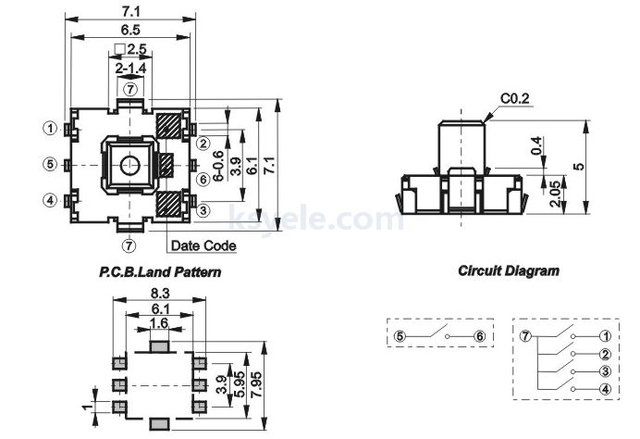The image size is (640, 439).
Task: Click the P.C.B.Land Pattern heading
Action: coord(160,272)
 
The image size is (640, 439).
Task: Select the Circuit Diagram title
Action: coord(509,270)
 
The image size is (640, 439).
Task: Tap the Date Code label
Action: coord(203,245)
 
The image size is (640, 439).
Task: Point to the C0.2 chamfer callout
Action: coord(515,98)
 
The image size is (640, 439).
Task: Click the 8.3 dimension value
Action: coord(160,293)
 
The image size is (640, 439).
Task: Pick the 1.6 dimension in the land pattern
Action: coord(159,323)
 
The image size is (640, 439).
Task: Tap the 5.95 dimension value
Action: coord(240,384)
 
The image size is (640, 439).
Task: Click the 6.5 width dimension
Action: coord(130,30)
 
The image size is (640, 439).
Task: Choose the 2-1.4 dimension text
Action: coord(130,69)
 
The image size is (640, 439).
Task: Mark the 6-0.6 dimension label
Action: coord(219,166)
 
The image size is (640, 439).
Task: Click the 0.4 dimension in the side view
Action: coord(536,145)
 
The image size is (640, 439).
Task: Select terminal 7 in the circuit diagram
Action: coord(525,336)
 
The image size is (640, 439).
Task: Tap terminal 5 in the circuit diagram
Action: coord(400,336)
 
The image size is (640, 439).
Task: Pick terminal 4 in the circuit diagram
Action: coord(606,389)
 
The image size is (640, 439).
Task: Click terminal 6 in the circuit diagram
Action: coord(480,336)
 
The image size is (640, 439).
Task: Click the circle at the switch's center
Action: coord(130,165)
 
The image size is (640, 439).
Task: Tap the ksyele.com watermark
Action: coord(316,219)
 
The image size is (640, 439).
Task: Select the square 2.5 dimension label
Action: coord(130,49)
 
